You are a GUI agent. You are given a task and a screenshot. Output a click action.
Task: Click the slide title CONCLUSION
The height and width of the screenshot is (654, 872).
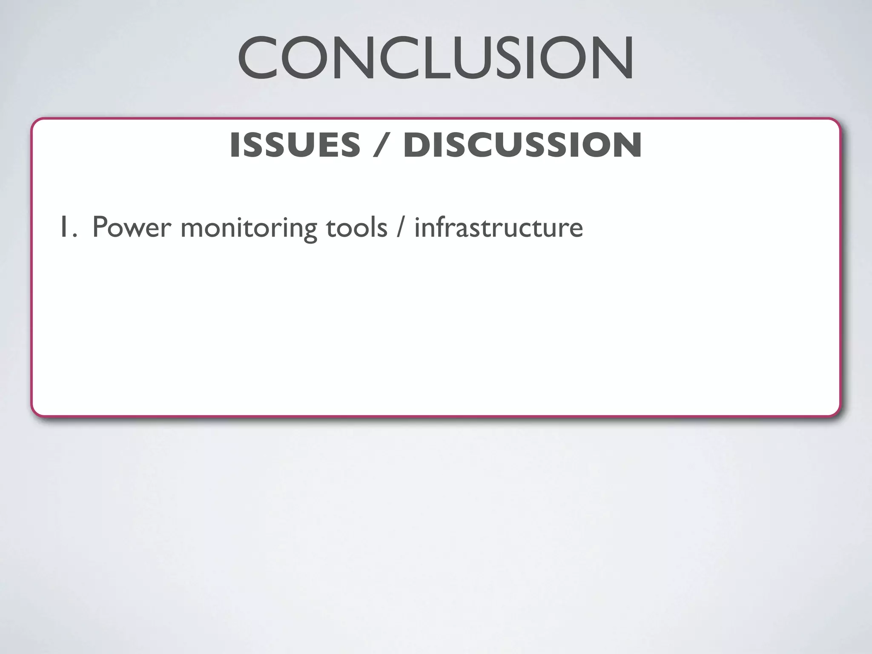(436, 58)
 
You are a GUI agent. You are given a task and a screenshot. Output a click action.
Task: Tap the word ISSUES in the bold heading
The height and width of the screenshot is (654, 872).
(295, 145)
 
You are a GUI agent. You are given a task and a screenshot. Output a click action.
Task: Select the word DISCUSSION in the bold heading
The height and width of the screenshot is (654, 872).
(522, 145)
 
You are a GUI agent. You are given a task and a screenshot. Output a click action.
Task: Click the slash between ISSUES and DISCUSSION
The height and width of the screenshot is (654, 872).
(381, 145)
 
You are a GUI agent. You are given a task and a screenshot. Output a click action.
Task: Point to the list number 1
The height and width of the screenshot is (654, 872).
(64, 227)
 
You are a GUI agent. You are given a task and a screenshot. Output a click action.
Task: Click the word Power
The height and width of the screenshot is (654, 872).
(131, 227)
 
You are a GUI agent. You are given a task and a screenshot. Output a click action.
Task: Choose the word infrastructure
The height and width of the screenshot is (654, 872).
(498, 227)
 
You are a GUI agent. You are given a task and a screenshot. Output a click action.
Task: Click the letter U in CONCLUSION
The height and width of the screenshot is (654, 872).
(476, 58)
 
